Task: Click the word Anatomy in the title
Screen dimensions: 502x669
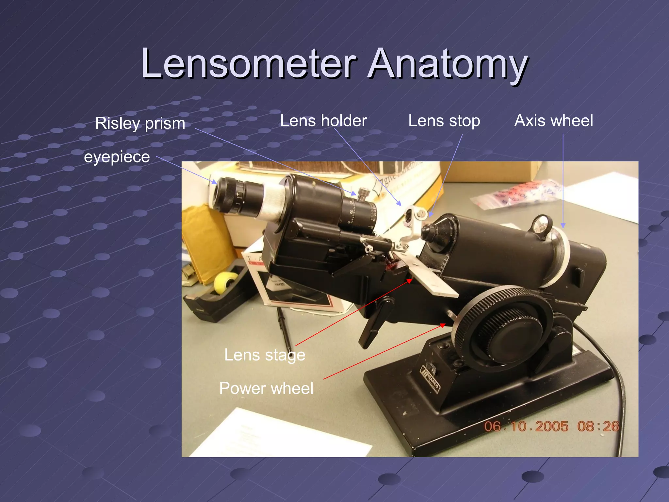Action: (448, 64)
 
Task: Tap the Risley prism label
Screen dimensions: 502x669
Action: (140, 124)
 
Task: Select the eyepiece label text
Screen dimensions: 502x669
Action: (117, 157)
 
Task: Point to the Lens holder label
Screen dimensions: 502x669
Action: (323, 121)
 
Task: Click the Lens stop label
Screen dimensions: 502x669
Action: (444, 121)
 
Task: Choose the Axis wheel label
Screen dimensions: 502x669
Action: (553, 121)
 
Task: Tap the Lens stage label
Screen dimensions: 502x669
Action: (265, 355)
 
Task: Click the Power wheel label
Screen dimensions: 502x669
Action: (266, 388)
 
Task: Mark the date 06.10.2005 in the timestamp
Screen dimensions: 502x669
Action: (526, 427)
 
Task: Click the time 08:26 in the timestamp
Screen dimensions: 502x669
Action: (598, 427)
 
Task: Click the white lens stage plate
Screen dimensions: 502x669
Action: (431, 278)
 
